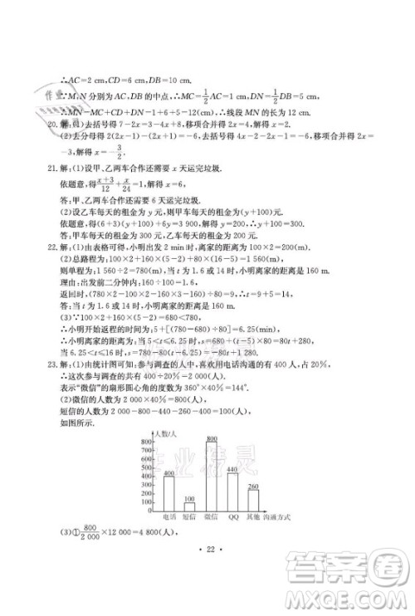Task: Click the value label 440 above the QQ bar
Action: [x=232, y=470]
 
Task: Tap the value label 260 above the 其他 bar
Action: [x=254, y=486]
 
